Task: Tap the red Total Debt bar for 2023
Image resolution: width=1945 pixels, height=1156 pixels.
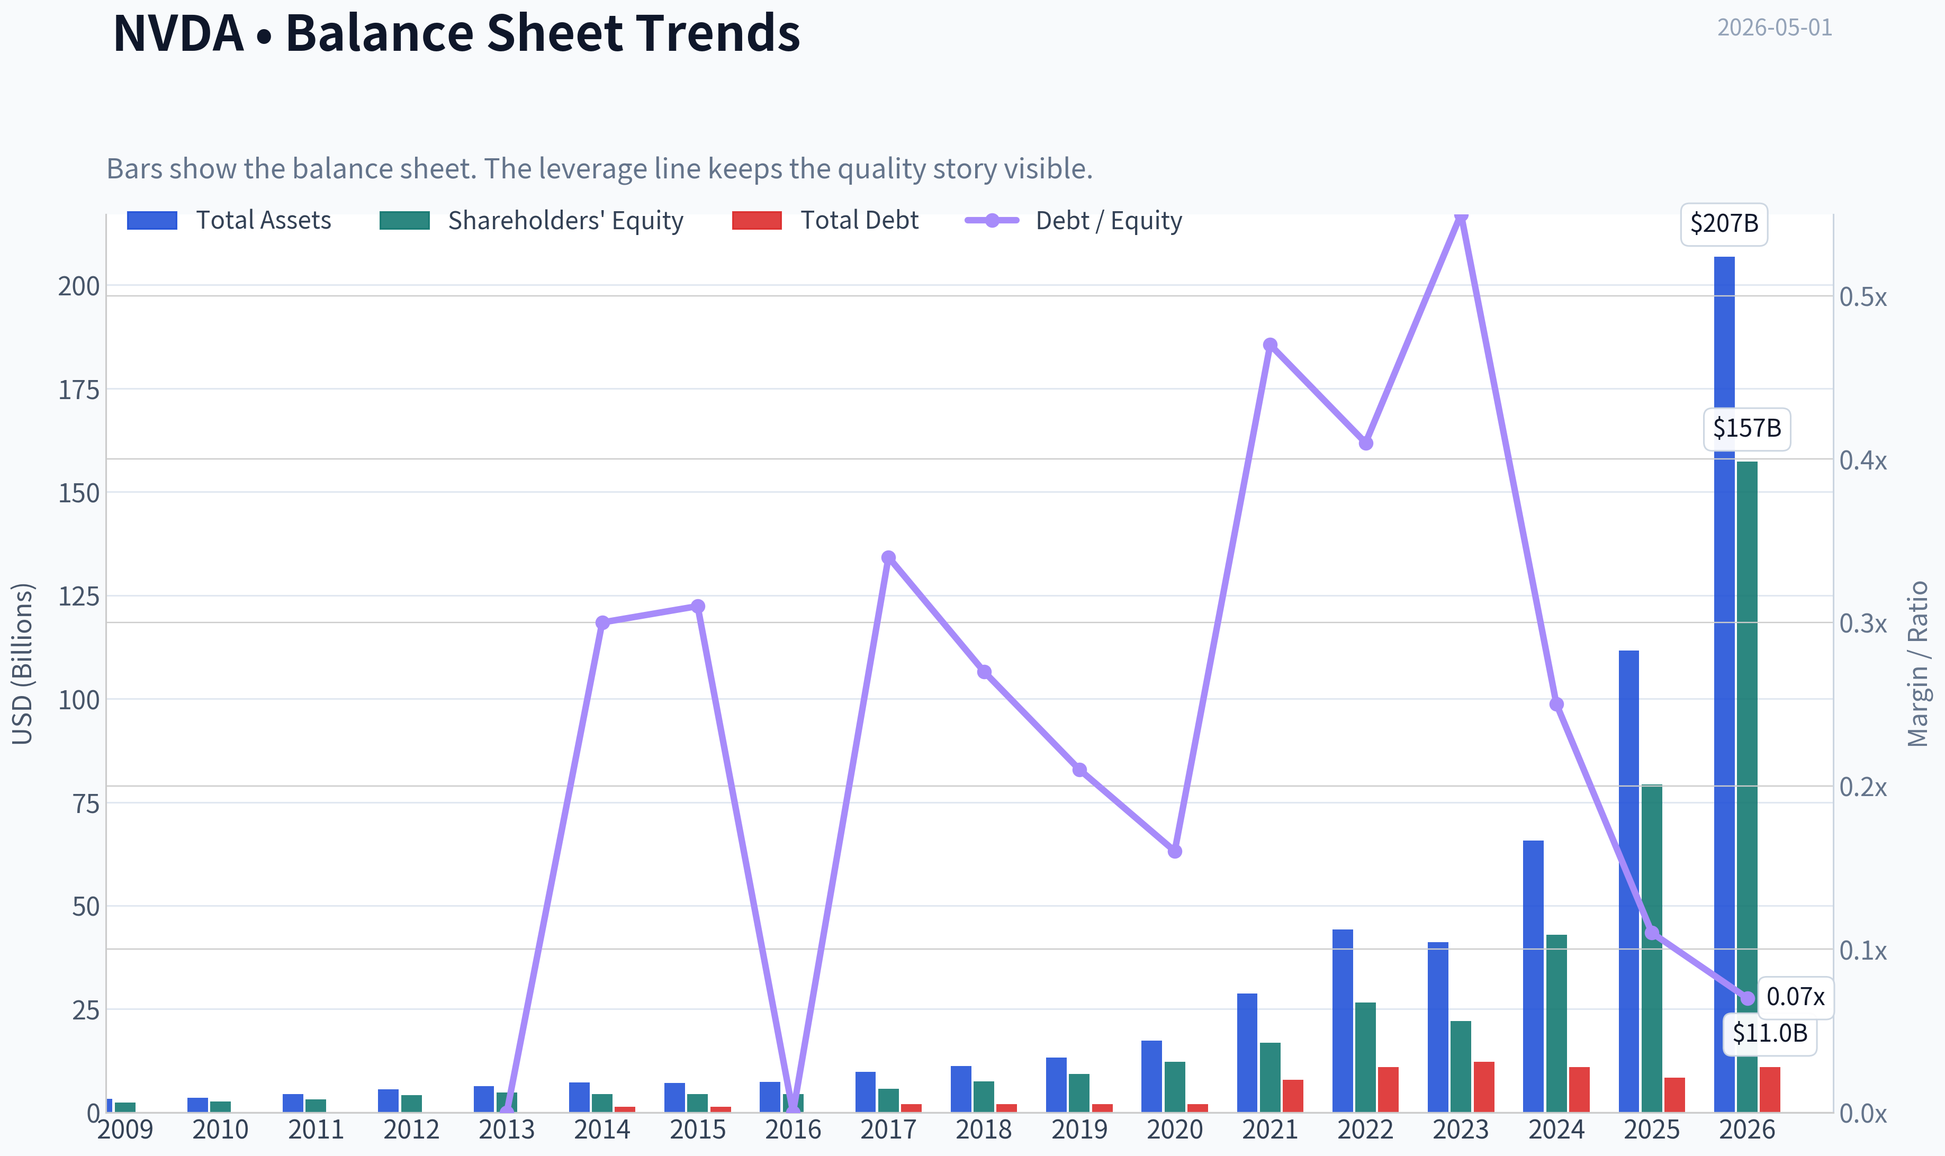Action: [x=1484, y=1087]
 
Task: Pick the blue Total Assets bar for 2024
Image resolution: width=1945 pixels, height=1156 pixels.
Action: [x=1533, y=976]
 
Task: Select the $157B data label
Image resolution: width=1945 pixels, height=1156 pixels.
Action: [x=1747, y=428]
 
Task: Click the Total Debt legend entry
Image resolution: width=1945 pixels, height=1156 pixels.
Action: [x=826, y=220]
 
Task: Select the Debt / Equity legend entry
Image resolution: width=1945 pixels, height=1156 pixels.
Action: [x=1074, y=220]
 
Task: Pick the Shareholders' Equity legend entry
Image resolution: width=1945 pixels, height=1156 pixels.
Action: [x=531, y=220]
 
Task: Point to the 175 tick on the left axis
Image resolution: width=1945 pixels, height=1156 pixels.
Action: [x=79, y=390]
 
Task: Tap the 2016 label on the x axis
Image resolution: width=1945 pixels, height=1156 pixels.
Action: [x=793, y=1130]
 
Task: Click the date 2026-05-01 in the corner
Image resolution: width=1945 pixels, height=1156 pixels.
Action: [x=1775, y=28]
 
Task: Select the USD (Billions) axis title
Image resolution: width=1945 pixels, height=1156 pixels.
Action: [x=23, y=664]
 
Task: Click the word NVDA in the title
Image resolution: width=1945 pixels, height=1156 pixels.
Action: [x=178, y=33]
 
